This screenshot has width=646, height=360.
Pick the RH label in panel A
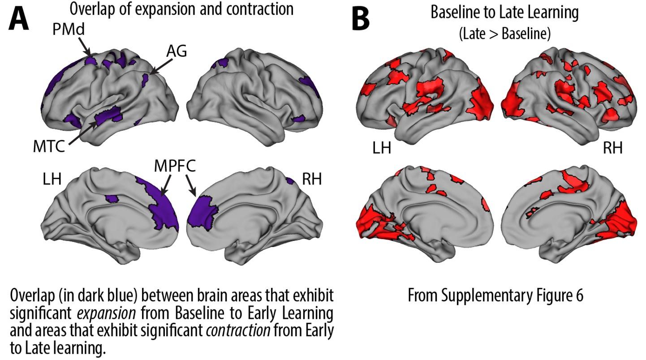pyautogui.click(x=312, y=180)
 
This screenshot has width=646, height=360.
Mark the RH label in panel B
pyautogui.click(x=612, y=147)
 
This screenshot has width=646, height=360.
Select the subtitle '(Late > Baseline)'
pyautogui.click(x=504, y=34)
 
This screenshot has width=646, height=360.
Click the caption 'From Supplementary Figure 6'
pyautogui.click(x=495, y=296)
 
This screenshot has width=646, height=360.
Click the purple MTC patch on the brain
pyautogui.click(x=109, y=116)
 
